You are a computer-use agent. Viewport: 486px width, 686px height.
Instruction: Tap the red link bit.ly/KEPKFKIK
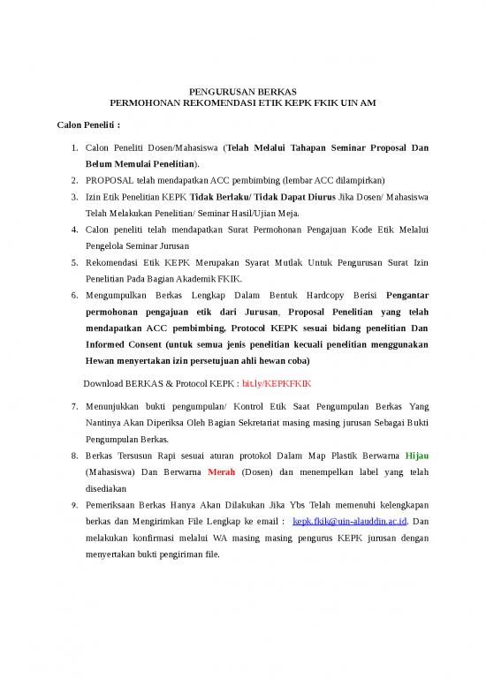pos(277,384)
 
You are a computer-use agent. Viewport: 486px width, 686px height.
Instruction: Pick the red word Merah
pos(221,471)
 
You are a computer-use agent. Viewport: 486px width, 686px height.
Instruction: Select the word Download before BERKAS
pos(104,384)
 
